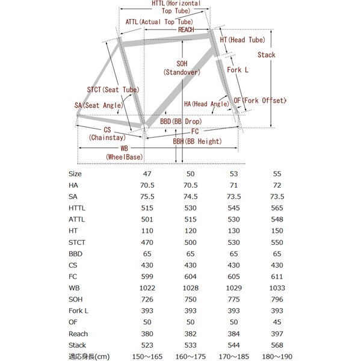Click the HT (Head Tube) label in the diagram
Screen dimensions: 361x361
pyautogui.click(x=242, y=40)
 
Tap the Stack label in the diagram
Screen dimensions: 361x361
pyautogui.click(x=266, y=55)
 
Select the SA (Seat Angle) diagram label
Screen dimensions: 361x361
pyautogui.click(x=96, y=105)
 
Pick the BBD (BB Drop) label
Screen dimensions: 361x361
pyautogui.click(x=180, y=122)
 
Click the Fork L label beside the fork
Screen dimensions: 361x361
pyautogui.click(x=238, y=70)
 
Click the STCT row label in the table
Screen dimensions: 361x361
pyautogui.click(x=78, y=242)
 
